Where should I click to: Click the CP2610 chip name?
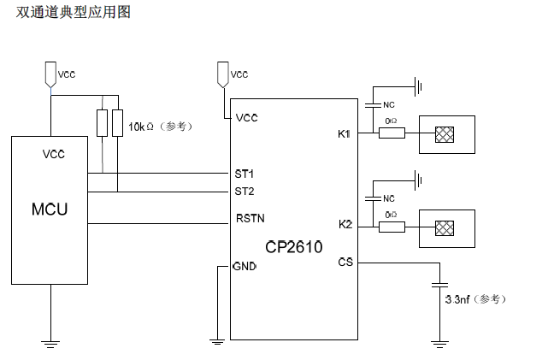[x=293, y=247]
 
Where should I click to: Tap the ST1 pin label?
[x=245, y=174]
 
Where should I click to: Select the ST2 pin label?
[x=245, y=190]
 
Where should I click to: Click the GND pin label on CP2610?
[x=245, y=267]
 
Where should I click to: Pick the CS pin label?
[x=345, y=262]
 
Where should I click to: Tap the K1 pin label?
[x=345, y=133]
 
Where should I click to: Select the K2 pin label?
[x=345, y=224]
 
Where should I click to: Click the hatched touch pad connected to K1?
[x=444, y=134]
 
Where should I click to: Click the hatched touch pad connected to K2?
[x=444, y=227]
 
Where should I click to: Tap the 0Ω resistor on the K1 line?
[x=392, y=133]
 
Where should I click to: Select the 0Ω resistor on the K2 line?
[x=392, y=227]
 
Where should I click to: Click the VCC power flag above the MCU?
[x=50, y=73]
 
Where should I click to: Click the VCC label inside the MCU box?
[x=53, y=154]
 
